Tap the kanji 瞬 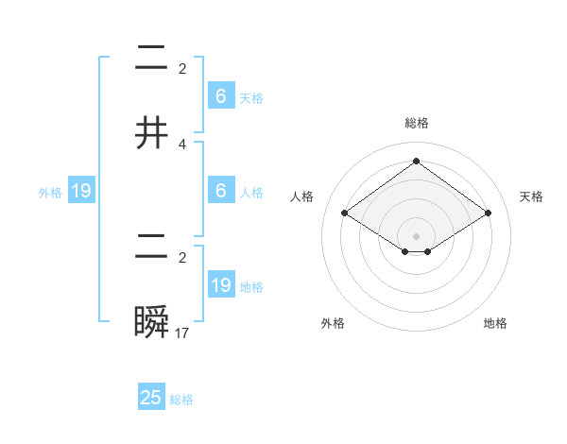pyautogui.click(x=151, y=323)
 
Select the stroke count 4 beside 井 pyautogui.click(x=182, y=144)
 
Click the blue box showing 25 pyautogui.click(x=151, y=398)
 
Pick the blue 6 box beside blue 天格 pyautogui.click(x=221, y=95)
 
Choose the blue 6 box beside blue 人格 pyautogui.click(x=221, y=190)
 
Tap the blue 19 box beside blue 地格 pyautogui.click(x=221, y=285)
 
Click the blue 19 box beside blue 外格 pyautogui.click(x=81, y=191)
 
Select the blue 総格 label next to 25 pyautogui.click(x=181, y=400)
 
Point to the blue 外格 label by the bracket pyautogui.click(x=50, y=192)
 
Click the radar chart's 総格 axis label pyautogui.click(x=416, y=123)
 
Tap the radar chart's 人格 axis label pyautogui.click(x=302, y=196)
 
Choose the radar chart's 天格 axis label pyautogui.click(x=531, y=196)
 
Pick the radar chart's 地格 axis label pyautogui.click(x=495, y=323)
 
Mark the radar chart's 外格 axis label pyautogui.click(x=333, y=323)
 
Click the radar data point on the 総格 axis pyautogui.click(x=416, y=161)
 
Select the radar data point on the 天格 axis pyautogui.click(x=488, y=213)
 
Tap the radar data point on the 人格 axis pyautogui.click(x=345, y=213)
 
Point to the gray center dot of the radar pyautogui.click(x=416, y=235)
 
